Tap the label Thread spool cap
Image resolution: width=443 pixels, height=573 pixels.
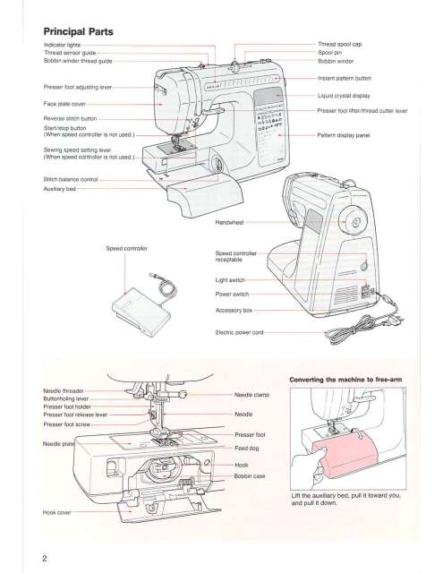point(345,43)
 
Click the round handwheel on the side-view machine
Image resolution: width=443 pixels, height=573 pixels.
point(355,222)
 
